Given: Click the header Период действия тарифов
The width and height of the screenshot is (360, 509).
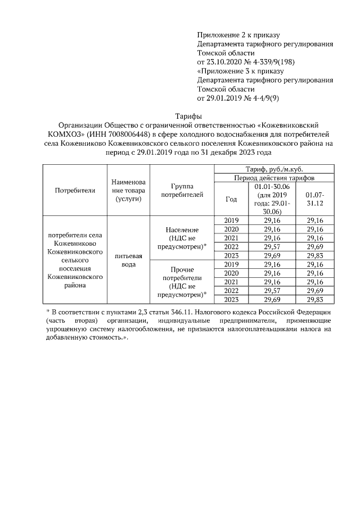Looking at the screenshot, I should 273,178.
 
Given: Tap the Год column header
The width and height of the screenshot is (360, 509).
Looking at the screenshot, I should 231,199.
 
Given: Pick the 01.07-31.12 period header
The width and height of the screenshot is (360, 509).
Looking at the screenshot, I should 314,199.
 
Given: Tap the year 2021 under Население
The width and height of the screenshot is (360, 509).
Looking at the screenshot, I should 231,238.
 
